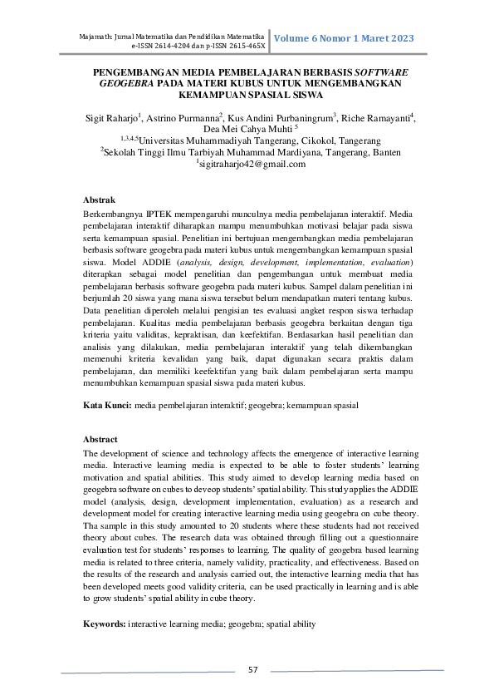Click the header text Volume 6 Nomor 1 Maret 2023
click(x=343, y=38)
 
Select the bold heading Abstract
click(x=104, y=439)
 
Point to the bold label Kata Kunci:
click(x=108, y=405)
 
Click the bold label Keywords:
click(x=105, y=624)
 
